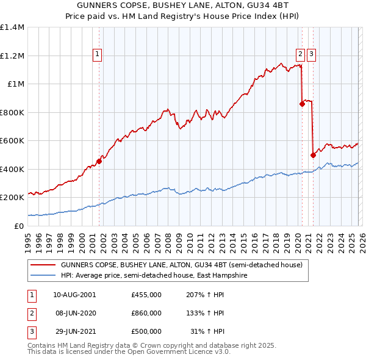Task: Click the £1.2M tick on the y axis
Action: (12, 56)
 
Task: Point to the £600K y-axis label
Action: (12, 140)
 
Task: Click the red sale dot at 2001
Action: (99, 161)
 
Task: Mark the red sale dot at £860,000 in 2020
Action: (302, 104)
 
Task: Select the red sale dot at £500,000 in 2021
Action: (313, 155)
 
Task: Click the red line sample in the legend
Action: (43, 265)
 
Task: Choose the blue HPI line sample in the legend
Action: (43, 276)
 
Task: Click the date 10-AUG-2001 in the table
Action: (74, 295)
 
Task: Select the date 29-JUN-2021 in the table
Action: (74, 331)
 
